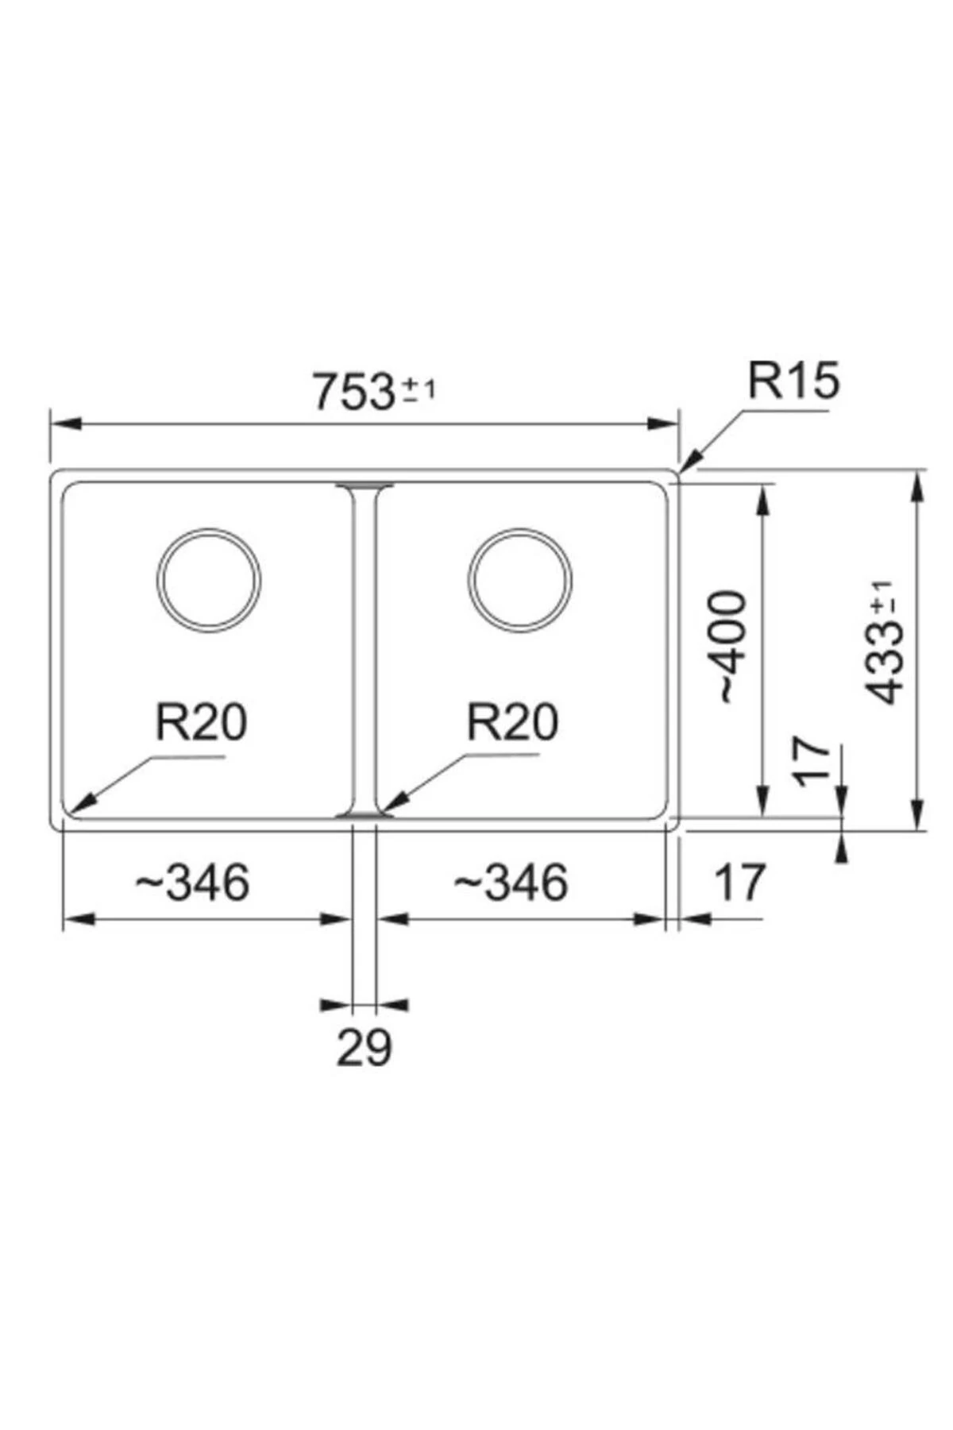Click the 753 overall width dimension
point(354,392)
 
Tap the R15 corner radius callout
point(793,381)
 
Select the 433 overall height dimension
point(884,664)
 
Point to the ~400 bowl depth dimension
point(731,647)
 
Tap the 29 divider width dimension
point(364,1047)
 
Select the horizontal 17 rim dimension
point(740,883)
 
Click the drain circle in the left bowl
point(209,579)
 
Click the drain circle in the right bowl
point(520,579)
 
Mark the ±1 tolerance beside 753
point(419,389)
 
